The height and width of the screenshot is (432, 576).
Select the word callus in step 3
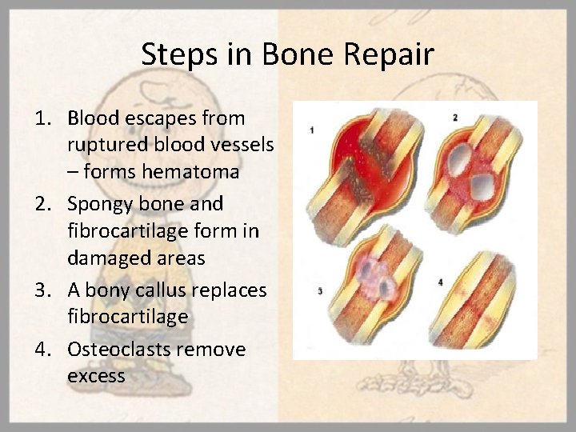coord(166,290)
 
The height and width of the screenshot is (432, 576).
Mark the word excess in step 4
coord(97,375)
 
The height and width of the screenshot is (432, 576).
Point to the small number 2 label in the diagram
coord(454,118)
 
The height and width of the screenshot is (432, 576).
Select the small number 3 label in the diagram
coord(320,292)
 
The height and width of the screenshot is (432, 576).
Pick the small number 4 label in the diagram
coord(441,282)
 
